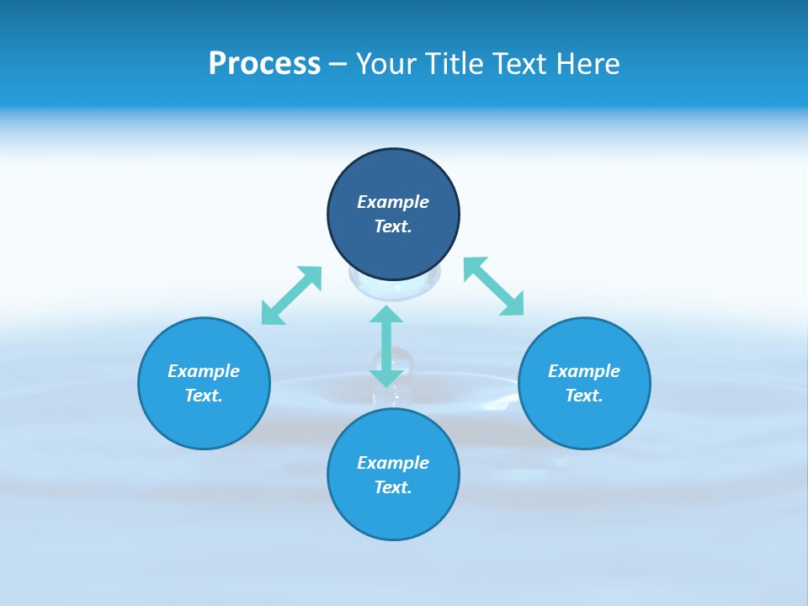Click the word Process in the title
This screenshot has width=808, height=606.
coord(264,64)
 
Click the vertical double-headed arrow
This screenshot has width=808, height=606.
coord(386,346)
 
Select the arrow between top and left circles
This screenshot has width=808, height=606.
coord(291,295)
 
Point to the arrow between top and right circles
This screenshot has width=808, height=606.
coord(494,286)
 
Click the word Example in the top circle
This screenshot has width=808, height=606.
coord(393,202)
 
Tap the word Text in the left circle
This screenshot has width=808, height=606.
coord(204,396)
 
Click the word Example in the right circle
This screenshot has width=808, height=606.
coord(584,371)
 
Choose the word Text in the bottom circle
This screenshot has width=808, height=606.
coord(393,487)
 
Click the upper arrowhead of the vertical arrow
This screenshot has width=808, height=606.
coord(386,315)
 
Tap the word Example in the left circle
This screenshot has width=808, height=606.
coord(204,371)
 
